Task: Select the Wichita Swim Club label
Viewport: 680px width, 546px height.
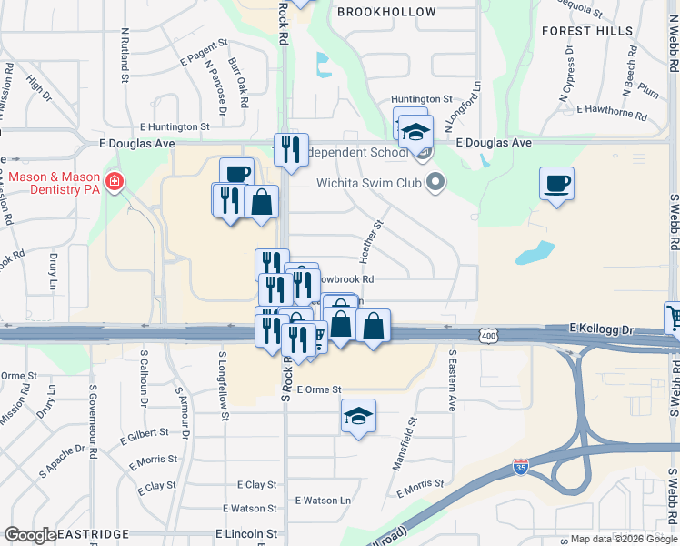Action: [x=370, y=182]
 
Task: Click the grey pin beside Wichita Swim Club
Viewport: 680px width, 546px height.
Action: [x=435, y=182]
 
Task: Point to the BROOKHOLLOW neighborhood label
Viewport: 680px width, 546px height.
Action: [x=386, y=12]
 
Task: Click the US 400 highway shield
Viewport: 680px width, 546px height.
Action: [x=489, y=337]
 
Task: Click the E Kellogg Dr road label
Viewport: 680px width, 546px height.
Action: [x=601, y=327]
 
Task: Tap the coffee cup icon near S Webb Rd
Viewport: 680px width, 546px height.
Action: [x=556, y=184]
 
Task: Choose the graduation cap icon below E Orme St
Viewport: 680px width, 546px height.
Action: [x=359, y=416]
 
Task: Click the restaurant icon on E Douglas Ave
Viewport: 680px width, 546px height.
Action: [x=291, y=148]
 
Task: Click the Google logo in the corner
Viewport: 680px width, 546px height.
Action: [x=30, y=535]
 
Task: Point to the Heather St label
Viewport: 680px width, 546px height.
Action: [x=376, y=237]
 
